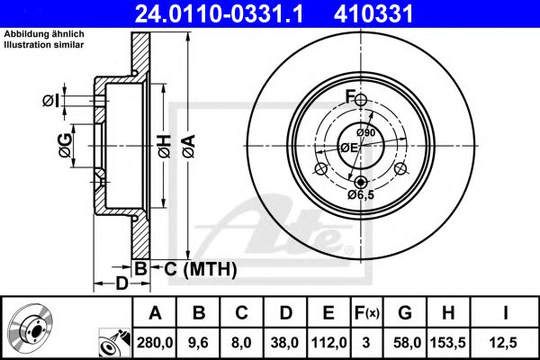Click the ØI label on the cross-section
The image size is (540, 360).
coord(51,101)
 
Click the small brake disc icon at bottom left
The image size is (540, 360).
coord(31,329)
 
